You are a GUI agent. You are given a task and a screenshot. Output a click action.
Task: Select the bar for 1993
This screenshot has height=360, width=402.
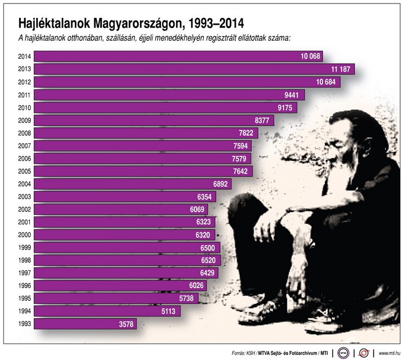click(86, 324)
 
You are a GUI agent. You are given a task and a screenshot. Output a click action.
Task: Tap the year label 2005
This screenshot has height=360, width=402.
click(24, 171)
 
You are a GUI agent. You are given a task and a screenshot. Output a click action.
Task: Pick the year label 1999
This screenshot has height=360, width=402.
click(24, 247)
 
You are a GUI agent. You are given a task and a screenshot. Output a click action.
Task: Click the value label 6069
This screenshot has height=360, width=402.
click(197, 209)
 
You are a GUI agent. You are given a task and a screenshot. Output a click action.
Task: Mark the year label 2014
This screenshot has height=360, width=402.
click(24, 56)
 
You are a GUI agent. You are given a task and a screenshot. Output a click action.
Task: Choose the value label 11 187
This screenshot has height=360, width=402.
click(341, 69)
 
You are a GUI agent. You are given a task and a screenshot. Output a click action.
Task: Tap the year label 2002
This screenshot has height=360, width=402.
click(24, 209)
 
